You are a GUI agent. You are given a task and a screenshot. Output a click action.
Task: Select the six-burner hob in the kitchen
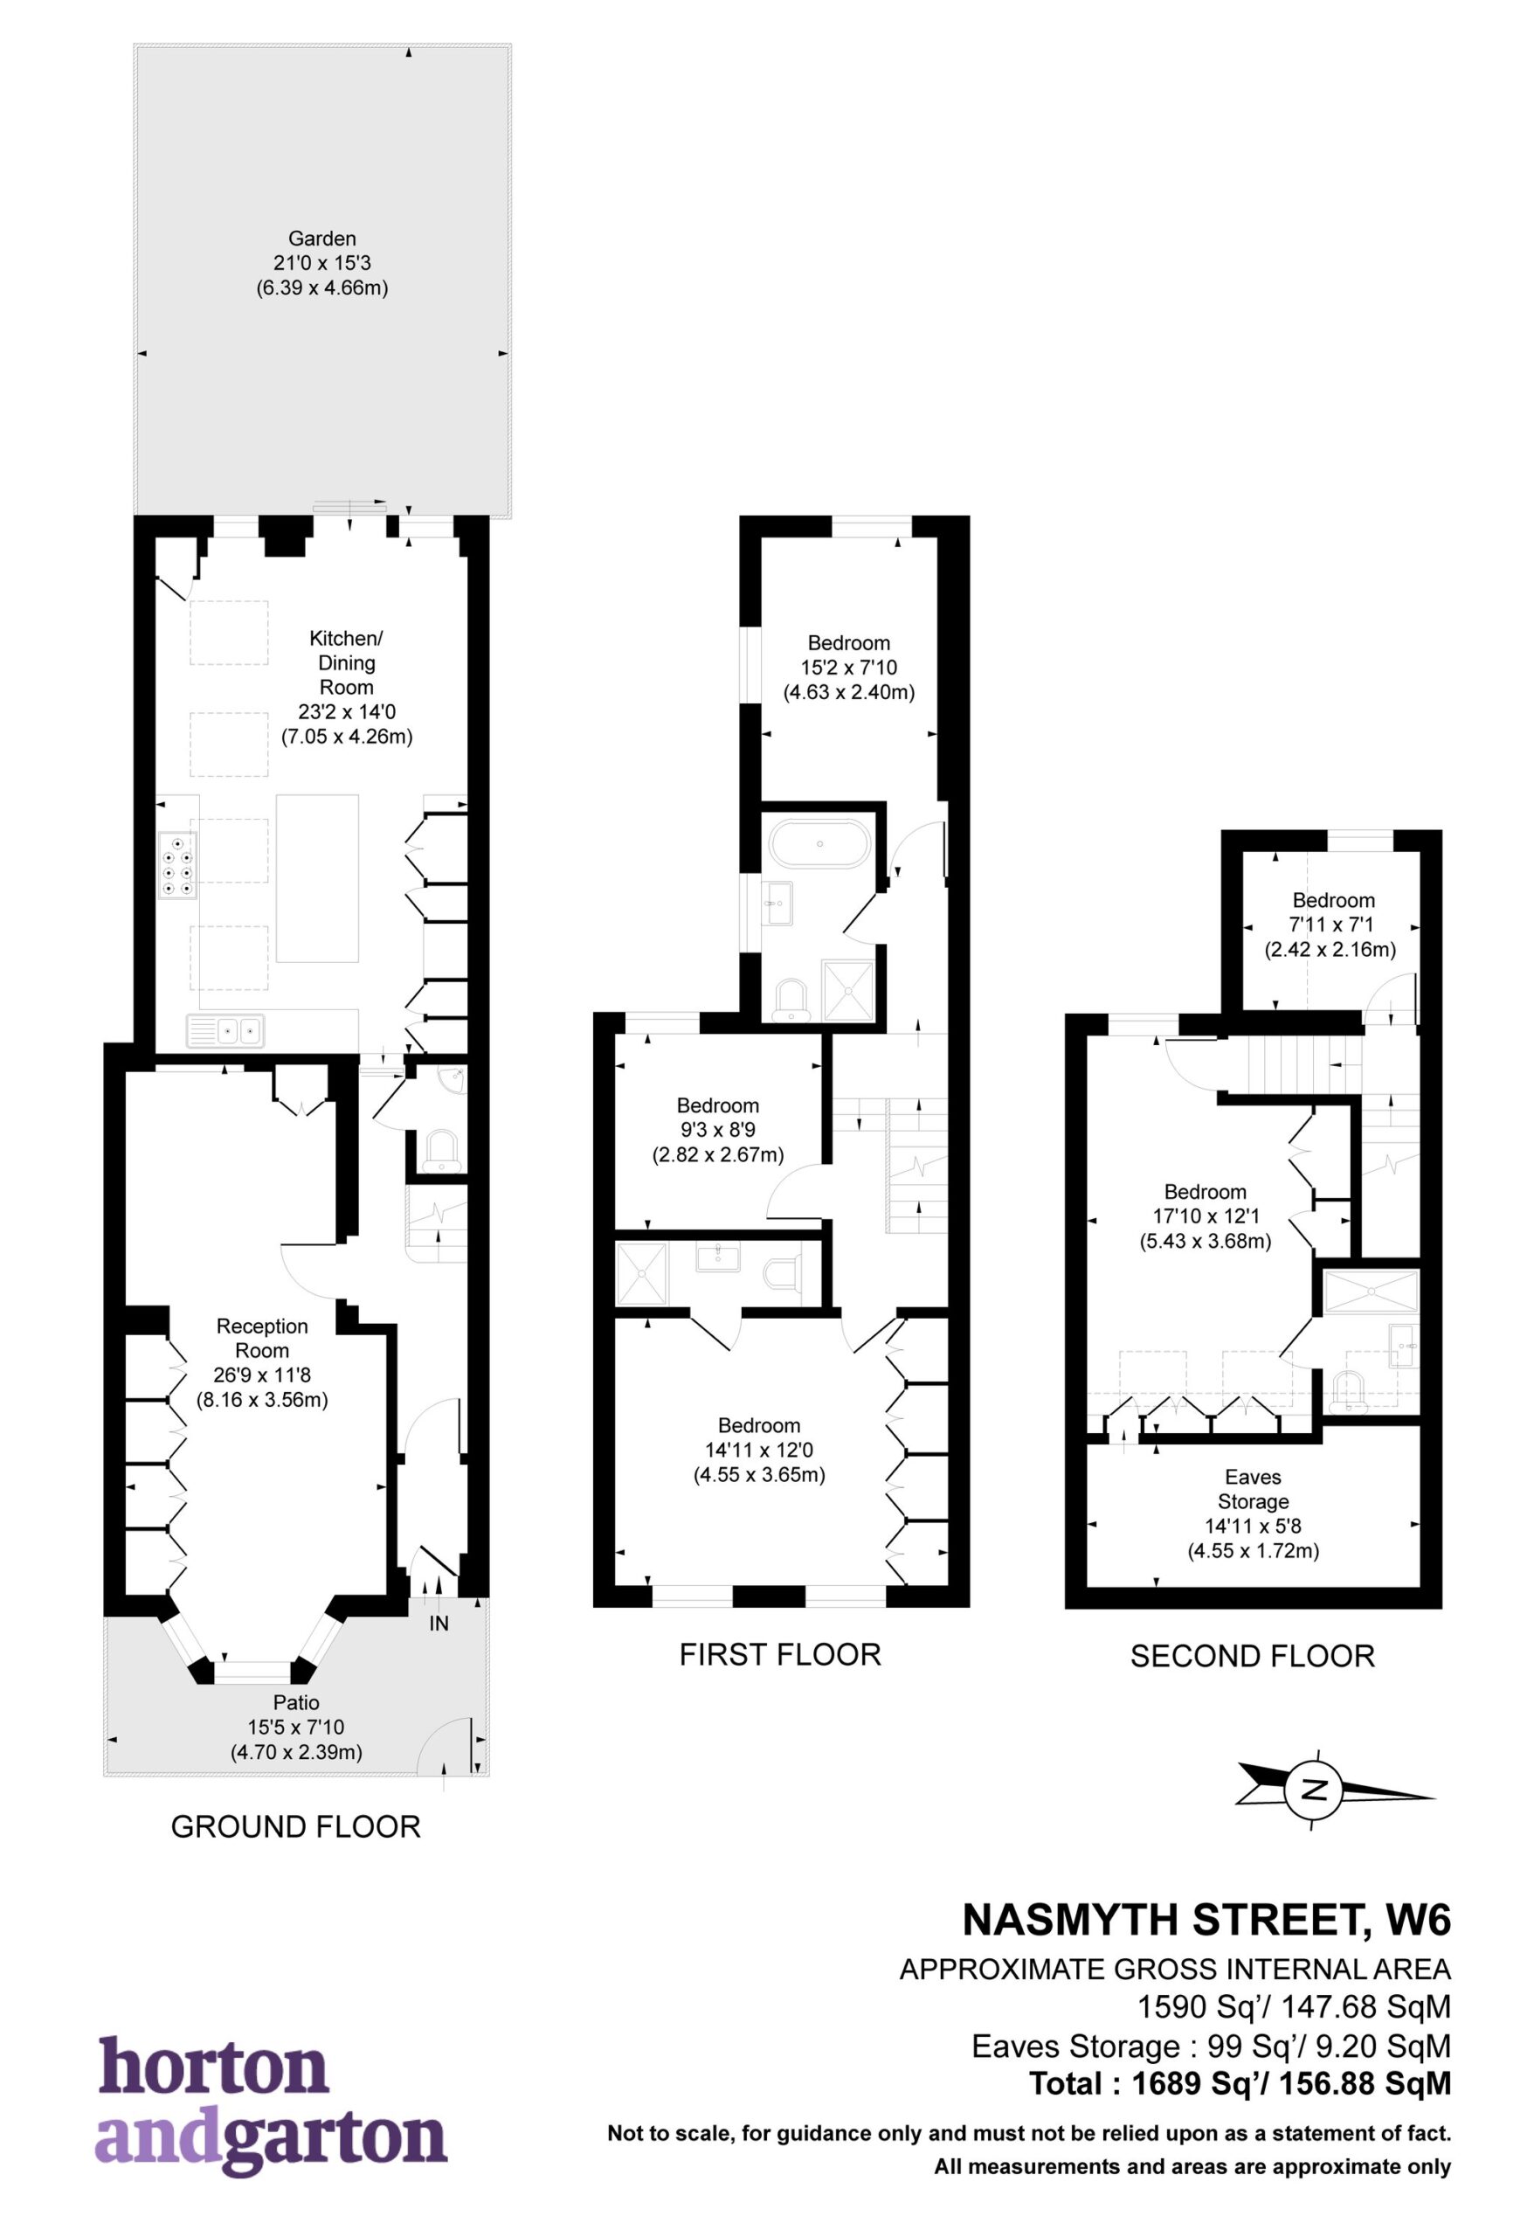click(177, 863)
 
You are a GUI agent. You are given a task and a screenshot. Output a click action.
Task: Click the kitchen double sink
click(226, 1031)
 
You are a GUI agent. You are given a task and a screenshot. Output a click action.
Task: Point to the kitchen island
click(318, 878)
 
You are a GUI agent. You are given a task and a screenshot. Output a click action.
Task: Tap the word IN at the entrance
click(439, 1624)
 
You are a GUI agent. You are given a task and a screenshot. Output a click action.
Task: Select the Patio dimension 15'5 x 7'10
click(295, 1728)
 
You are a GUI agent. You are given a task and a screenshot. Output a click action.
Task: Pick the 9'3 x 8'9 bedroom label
click(718, 1130)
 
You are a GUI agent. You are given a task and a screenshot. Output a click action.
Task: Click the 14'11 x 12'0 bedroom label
click(759, 1450)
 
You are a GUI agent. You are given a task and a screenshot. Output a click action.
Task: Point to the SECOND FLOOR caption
click(1252, 1656)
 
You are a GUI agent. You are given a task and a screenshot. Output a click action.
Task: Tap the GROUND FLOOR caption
click(295, 1826)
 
